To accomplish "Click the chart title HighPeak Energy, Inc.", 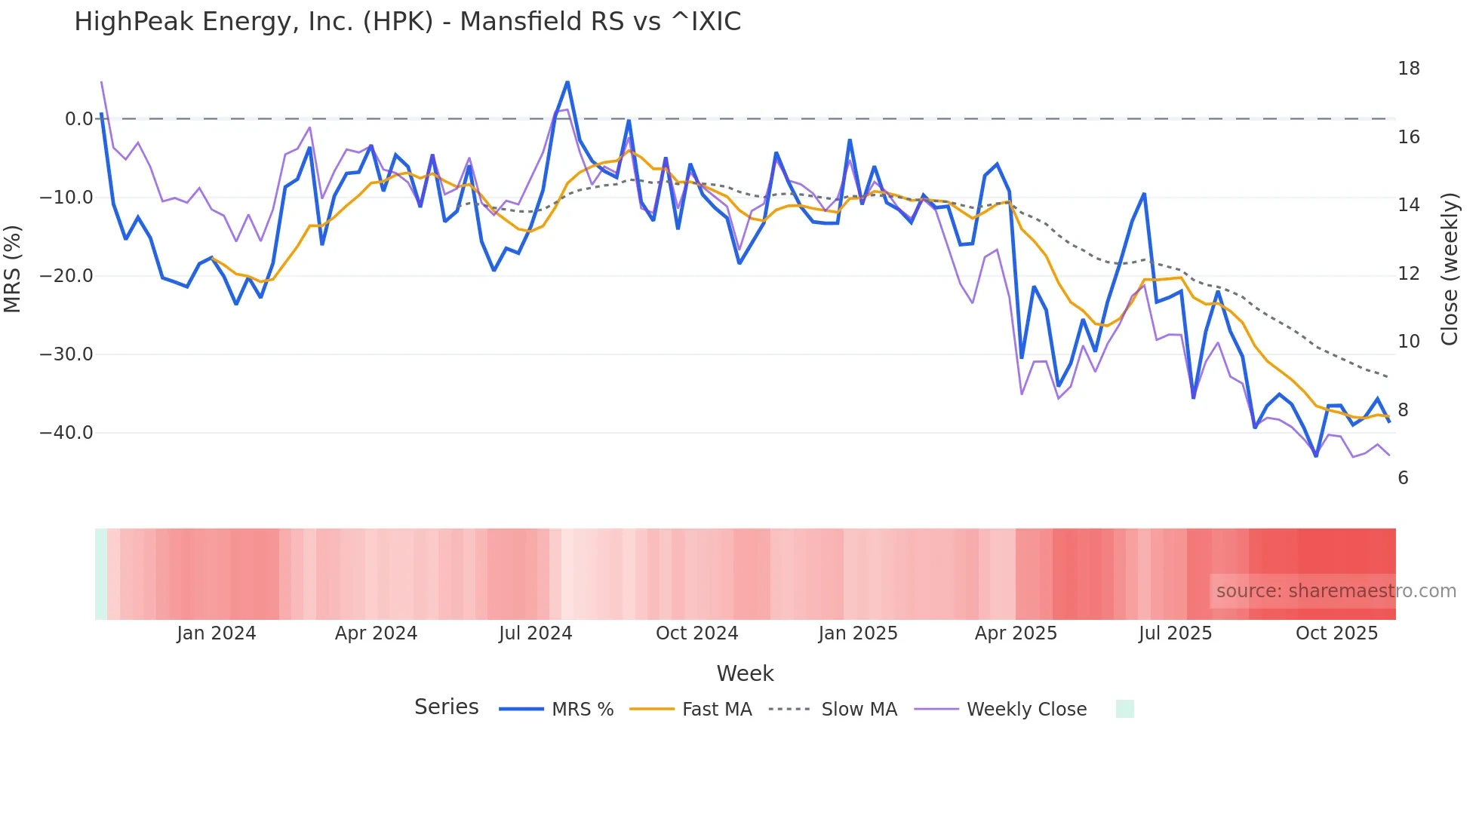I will [407, 22].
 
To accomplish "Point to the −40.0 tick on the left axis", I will [66, 433].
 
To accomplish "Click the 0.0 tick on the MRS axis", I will [78, 119].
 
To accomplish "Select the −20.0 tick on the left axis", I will [66, 276].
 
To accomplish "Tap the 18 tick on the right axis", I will [1408, 69].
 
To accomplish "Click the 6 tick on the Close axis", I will [1403, 478].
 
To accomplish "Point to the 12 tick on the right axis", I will [1408, 274].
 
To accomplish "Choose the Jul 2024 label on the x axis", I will [536, 633].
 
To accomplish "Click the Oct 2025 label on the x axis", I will [1336, 633].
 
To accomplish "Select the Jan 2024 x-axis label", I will [217, 633].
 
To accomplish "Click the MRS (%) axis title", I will [13, 268].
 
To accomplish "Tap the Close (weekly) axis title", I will [1450, 269].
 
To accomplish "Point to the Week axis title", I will [745, 673].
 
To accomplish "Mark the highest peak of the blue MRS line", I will [567, 81].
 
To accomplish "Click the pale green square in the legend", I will [1124, 709].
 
